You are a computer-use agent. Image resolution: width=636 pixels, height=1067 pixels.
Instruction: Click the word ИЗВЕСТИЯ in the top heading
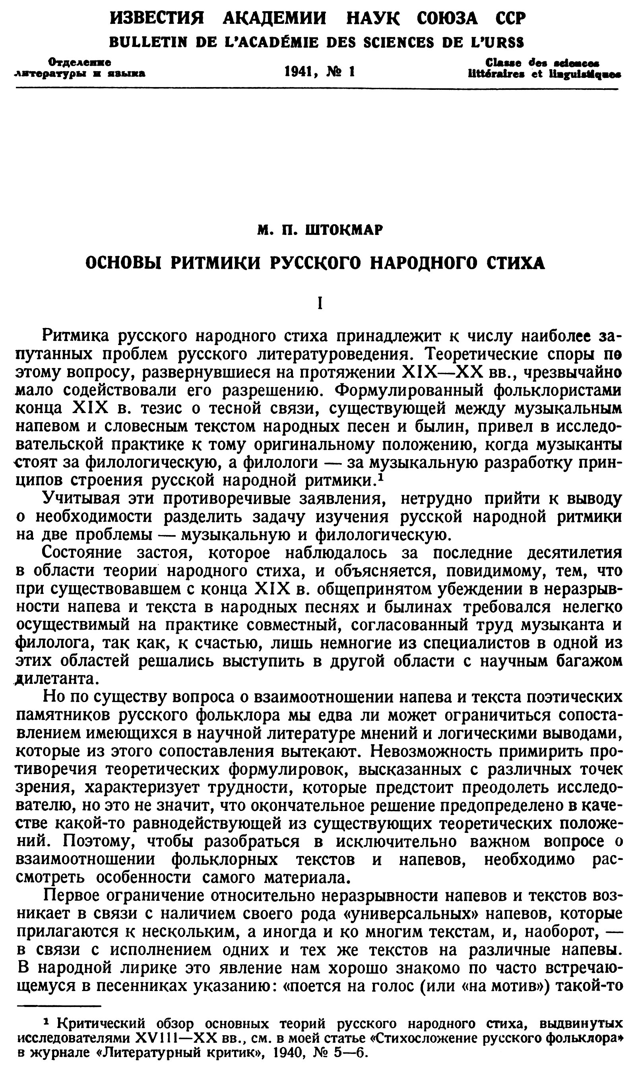coord(157,18)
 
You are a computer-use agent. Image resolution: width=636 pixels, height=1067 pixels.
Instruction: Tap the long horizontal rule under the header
coord(317,89)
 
